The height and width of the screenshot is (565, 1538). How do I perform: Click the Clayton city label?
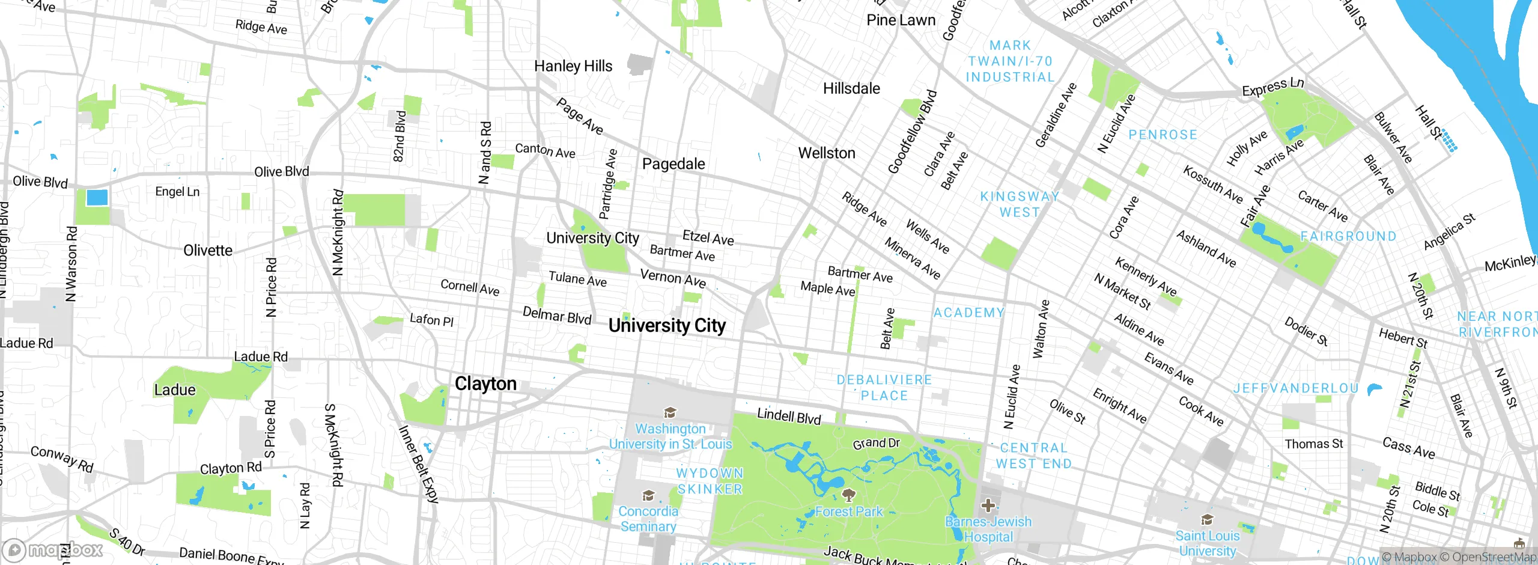pyautogui.click(x=485, y=383)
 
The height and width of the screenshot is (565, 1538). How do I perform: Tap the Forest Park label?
pyautogui.click(x=849, y=512)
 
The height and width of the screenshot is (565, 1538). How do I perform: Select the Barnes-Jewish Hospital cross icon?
pyautogui.click(x=988, y=505)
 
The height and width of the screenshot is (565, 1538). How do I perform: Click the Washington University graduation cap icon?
pyautogui.click(x=670, y=412)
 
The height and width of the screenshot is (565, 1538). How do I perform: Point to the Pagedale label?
pyautogui.click(x=673, y=163)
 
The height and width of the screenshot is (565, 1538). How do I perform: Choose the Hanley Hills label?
pyautogui.click(x=573, y=66)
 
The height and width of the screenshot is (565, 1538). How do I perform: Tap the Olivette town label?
pyautogui.click(x=208, y=250)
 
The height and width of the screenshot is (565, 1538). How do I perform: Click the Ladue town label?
pyautogui.click(x=175, y=390)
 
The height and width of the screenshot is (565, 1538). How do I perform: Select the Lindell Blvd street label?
pyautogui.click(x=789, y=416)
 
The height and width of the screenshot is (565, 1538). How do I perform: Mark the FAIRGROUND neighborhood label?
pyautogui.click(x=1349, y=237)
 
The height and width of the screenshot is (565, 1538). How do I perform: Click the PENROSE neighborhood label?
pyautogui.click(x=1163, y=135)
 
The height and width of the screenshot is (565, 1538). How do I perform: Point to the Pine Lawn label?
pyautogui.click(x=901, y=20)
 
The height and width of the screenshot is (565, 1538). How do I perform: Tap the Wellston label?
pyautogui.click(x=827, y=153)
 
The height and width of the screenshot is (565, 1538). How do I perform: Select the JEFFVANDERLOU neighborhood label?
pyautogui.click(x=1296, y=389)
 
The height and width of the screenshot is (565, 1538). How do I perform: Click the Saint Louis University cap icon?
pyautogui.click(x=1207, y=519)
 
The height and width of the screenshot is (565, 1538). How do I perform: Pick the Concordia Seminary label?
pyautogui.click(x=648, y=519)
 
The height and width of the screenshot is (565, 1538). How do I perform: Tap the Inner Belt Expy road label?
pyautogui.click(x=419, y=463)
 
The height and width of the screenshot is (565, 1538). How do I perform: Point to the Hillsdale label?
pyautogui.click(x=851, y=89)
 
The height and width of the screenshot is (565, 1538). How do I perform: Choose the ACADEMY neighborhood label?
pyautogui.click(x=968, y=313)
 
